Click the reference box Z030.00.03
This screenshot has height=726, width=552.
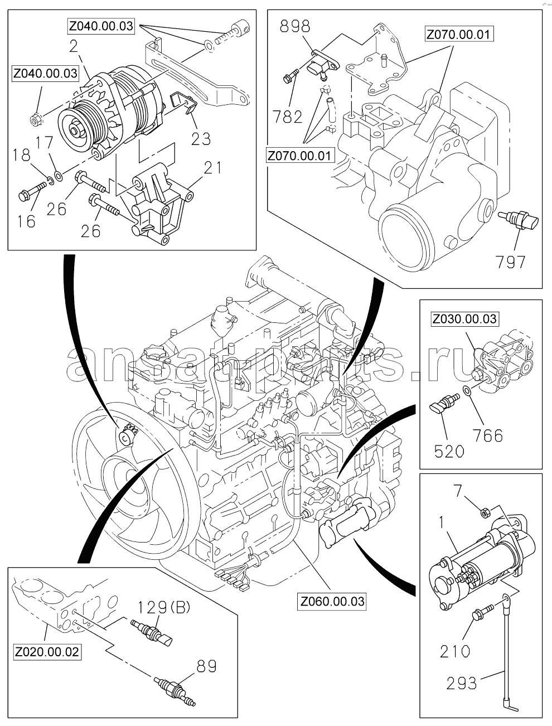[464, 319]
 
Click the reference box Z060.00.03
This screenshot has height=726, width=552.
[332, 602]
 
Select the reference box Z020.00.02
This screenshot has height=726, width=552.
[47, 651]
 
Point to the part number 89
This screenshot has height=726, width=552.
[206, 666]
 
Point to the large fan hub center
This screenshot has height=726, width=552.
[129, 476]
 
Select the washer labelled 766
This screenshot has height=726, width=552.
[467, 391]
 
